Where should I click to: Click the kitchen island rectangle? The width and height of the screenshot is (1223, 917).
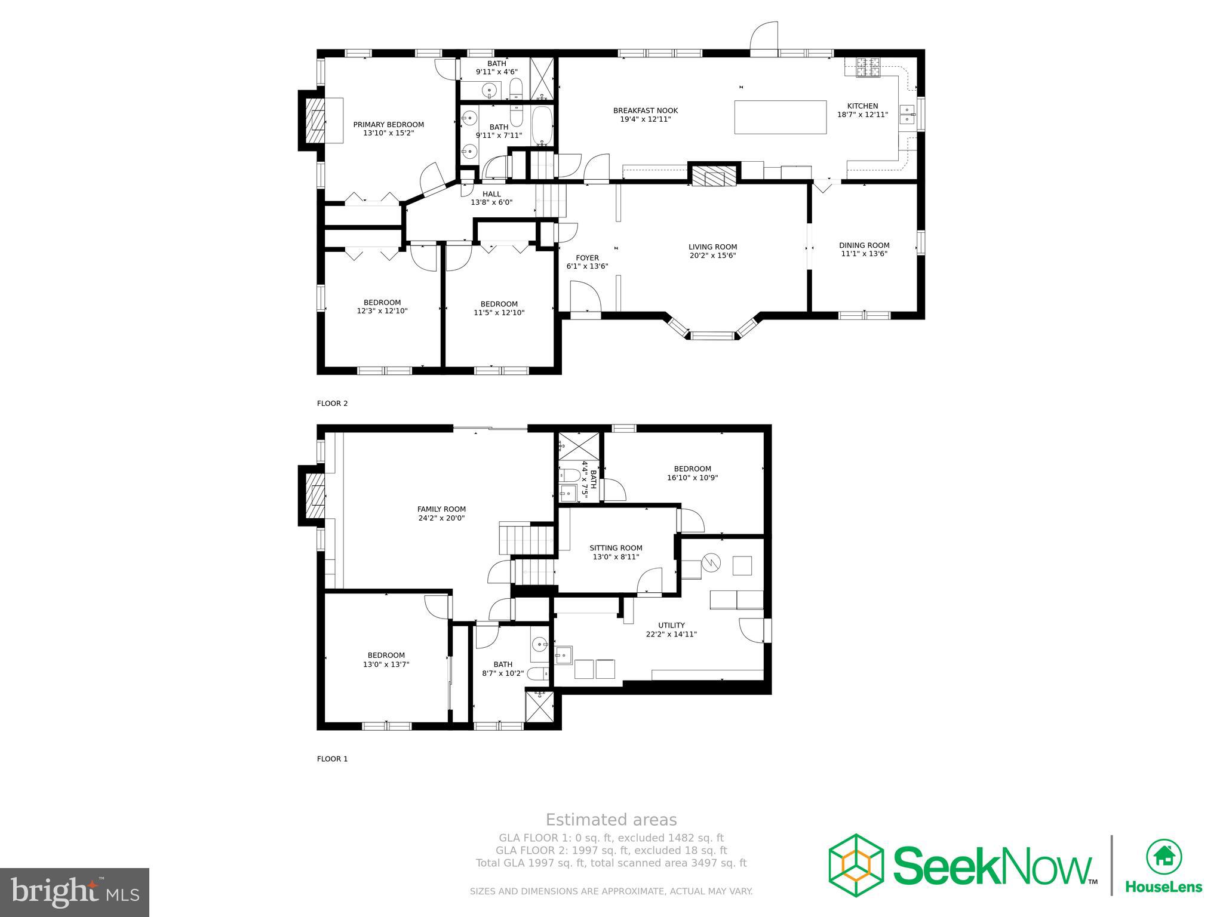click(780, 117)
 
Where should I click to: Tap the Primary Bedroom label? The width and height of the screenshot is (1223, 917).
click(388, 125)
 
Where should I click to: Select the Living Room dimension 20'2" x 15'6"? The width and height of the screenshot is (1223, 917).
click(712, 256)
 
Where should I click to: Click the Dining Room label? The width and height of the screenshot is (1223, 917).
click(864, 245)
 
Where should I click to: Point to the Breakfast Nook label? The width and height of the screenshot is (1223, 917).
click(645, 110)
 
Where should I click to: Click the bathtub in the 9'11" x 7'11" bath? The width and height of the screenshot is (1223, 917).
click(542, 126)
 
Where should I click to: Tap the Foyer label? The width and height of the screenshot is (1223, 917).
click(587, 258)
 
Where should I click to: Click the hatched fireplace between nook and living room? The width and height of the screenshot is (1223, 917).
click(713, 176)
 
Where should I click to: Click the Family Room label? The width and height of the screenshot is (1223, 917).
click(441, 509)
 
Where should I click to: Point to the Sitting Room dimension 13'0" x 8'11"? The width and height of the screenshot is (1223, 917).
click(616, 557)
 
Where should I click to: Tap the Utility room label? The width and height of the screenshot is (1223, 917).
click(671, 625)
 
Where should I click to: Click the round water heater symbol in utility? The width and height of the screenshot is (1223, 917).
click(711, 562)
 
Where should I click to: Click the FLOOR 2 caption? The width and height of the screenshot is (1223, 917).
click(332, 404)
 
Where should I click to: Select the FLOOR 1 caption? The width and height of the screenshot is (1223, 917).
click(332, 759)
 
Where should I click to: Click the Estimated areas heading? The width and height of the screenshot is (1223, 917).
click(611, 820)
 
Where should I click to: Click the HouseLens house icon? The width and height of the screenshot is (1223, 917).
click(1163, 857)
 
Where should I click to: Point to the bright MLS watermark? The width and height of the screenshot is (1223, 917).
click(74, 892)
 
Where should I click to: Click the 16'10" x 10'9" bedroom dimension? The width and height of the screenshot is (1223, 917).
click(692, 478)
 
